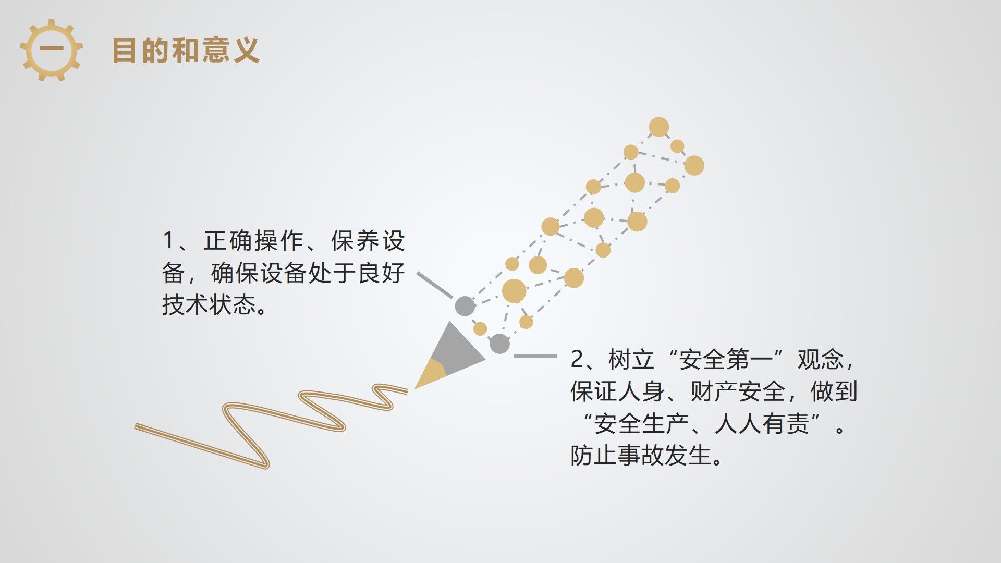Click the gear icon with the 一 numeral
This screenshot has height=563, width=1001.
51,50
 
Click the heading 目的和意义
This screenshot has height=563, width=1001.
186,51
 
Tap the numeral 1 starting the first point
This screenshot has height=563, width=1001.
168,240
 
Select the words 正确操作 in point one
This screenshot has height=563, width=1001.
254,241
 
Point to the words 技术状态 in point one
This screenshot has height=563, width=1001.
209,304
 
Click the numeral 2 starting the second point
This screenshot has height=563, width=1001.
577,359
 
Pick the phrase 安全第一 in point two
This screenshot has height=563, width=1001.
726,359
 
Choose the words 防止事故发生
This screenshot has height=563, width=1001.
641,455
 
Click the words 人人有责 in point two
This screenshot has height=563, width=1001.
762,423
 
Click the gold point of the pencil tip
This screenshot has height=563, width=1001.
429,375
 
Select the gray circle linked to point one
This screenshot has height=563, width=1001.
465,306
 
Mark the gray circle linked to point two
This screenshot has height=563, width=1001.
499,344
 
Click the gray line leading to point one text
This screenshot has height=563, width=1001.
435,285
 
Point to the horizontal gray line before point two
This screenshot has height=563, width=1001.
535,356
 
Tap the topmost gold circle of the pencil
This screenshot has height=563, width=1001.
659,127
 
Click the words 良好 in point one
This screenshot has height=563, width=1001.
382,273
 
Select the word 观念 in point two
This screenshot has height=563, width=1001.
821,359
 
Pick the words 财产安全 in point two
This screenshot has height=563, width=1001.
738,391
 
